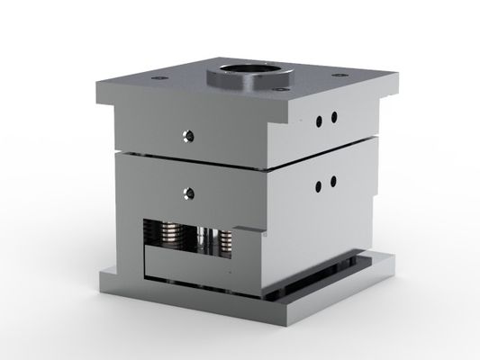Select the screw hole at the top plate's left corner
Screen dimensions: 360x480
coord(163,79)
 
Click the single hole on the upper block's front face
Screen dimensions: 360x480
coord(190,136)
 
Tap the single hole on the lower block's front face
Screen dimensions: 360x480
coord(190,191)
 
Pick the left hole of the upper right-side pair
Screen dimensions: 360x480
coord(320,120)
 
